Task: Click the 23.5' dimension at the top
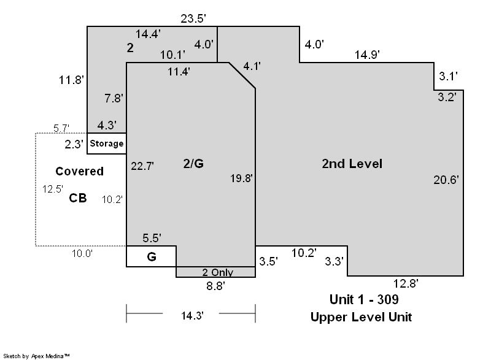[x=193, y=19]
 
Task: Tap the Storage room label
[x=106, y=144]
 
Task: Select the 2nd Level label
[x=352, y=164]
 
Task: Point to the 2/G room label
[x=193, y=164]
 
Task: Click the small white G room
[x=151, y=256]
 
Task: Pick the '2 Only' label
[x=218, y=272]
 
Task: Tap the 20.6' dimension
[x=446, y=180]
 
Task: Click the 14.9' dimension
[x=366, y=55]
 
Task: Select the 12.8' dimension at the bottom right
[x=406, y=283]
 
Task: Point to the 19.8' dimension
[x=241, y=178]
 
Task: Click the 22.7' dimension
[x=142, y=166]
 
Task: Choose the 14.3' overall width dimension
[x=192, y=315]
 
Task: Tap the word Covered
[x=80, y=171]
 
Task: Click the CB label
[x=78, y=198]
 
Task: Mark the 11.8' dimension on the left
[x=71, y=80]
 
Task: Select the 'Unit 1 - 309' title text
[x=364, y=299]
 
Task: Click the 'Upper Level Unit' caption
[x=361, y=317]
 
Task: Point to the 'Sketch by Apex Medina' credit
[x=36, y=356]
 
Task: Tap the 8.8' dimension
[x=215, y=286]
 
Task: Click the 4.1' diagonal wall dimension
[x=252, y=66]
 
